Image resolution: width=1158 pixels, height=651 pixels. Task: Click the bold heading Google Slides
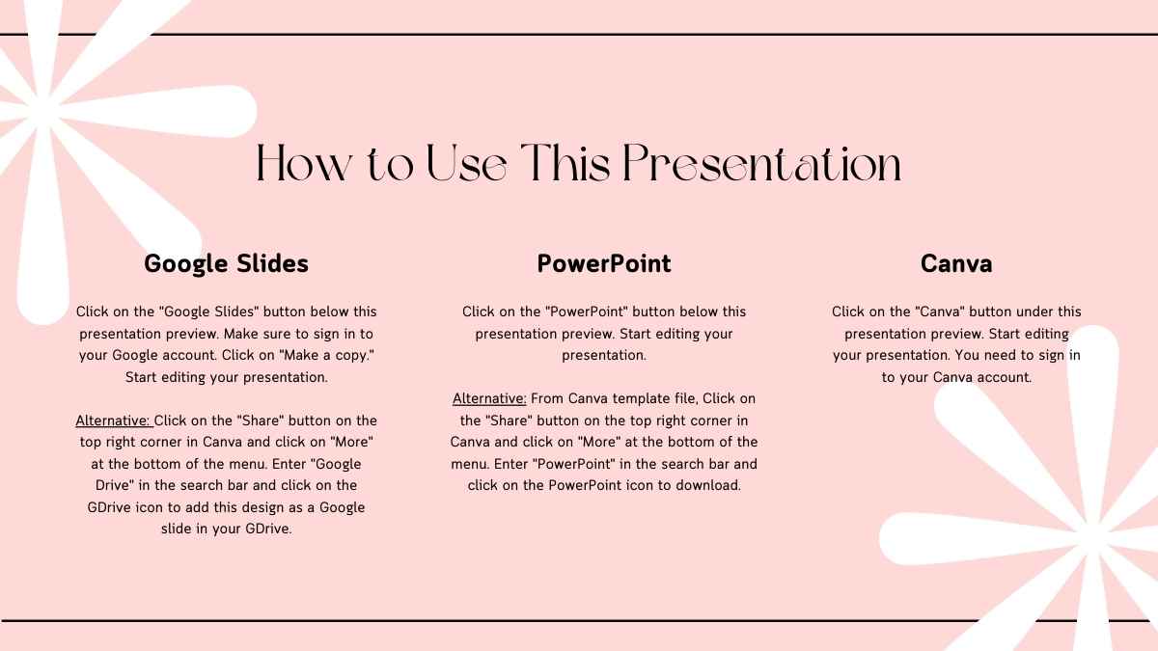coord(226,263)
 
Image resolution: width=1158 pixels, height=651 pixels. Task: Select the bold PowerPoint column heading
coord(604,263)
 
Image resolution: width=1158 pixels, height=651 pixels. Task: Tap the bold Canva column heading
coord(956,263)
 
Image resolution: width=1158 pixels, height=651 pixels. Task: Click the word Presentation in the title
coord(761,163)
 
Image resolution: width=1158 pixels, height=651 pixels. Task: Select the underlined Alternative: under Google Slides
coord(114,420)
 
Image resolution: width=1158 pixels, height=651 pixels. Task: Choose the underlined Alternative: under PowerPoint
coord(490,398)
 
